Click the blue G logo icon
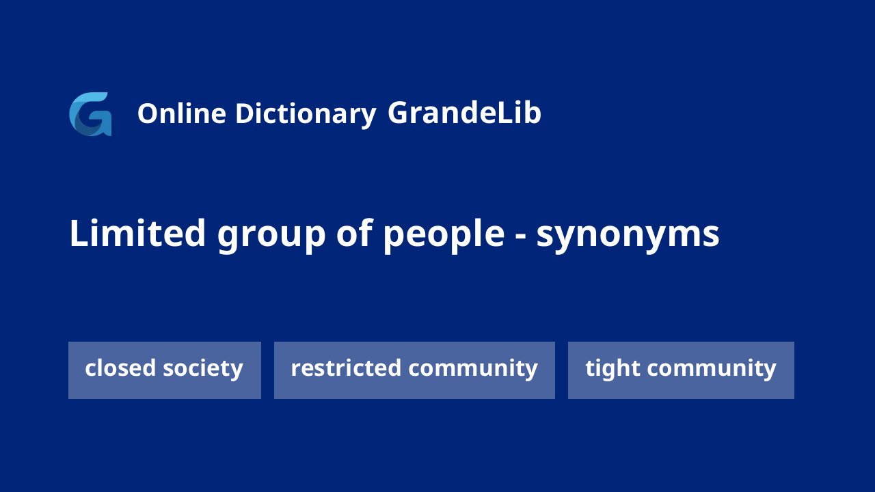(90, 114)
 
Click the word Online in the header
(182, 113)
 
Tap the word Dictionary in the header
(306, 114)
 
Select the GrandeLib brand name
(464, 113)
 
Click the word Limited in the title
(137, 234)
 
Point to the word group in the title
(271, 236)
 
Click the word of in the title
(355, 233)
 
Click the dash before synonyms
(520, 236)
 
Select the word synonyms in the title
(628, 236)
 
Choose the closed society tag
(165, 370)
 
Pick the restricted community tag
(414, 370)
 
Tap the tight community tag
(681, 370)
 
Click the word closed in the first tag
(120, 368)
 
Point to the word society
(203, 369)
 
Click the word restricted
(346, 368)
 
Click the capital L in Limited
(78, 233)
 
